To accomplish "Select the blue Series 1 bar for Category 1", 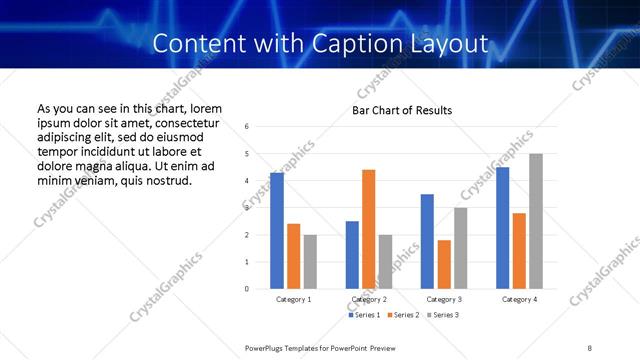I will pyautogui.click(x=277, y=231).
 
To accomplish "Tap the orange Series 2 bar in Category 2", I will pyautogui.click(x=368, y=229).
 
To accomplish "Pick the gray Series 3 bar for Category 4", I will pyautogui.click(x=536, y=221).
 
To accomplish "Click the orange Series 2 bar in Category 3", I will pyautogui.click(x=444, y=264).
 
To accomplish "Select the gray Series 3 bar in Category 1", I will pyautogui.click(x=310, y=262).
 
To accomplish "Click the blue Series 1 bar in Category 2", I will pyautogui.click(x=352, y=255).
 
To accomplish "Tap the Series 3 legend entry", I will pyautogui.click(x=445, y=315).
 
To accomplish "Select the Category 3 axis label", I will pyautogui.click(x=443, y=299).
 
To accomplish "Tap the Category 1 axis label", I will pyautogui.click(x=293, y=299).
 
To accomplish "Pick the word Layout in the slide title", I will pyautogui.click(x=456, y=43).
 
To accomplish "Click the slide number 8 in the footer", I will pyautogui.click(x=589, y=347).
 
